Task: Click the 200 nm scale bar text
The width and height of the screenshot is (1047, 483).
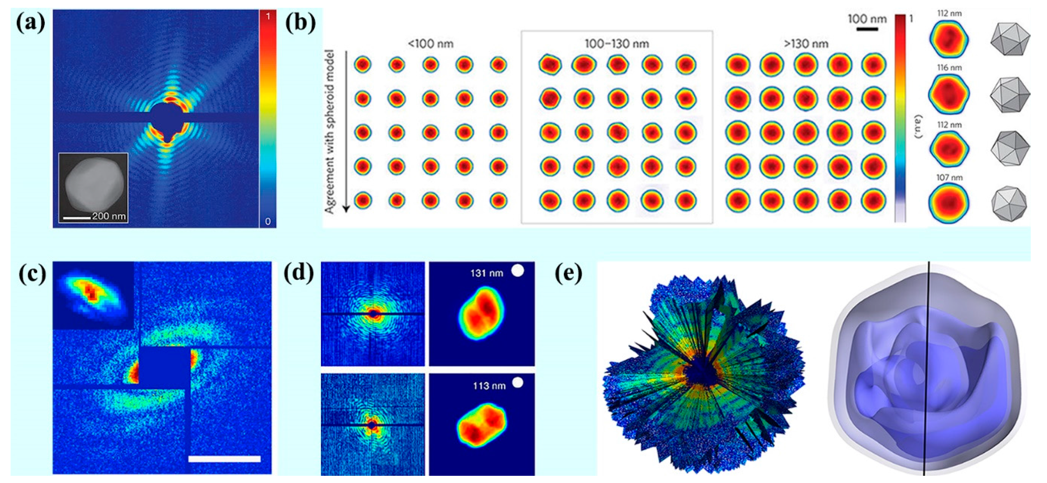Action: click(x=109, y=216)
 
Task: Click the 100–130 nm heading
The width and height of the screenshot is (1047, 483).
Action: click(x=617, y=43)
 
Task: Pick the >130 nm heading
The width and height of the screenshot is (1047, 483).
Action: click(x=806, y=43)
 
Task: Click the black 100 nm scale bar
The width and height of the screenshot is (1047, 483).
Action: click(x=867, y=29)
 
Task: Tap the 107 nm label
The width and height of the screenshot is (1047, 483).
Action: click(x=949, y=177)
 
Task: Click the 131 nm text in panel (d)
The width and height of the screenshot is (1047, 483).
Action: click(x=487, y=273)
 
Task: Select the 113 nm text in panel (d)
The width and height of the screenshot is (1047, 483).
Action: click(x=489, y=385)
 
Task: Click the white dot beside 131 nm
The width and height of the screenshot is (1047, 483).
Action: click(x=517, y=271)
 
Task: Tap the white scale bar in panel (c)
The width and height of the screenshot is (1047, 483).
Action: click(x=224, y=459)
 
